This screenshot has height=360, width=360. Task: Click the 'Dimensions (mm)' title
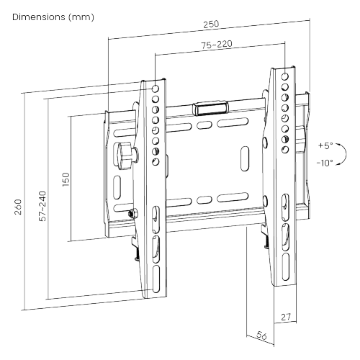[x=49, y=16]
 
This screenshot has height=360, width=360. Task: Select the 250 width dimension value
[x=211, y=24]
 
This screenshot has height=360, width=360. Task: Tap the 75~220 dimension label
[x=216, y=45]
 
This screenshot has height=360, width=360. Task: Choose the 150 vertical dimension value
[x=66, y=178]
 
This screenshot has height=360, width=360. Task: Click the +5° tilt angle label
[x=325, y=145]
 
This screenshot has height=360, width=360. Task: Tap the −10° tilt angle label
[x=324, y=163]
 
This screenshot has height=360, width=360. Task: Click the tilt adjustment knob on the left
[x=125, y=154]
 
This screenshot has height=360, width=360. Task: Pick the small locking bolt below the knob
[x=131, y=213]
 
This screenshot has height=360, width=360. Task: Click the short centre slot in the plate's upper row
[x=204, y=127]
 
